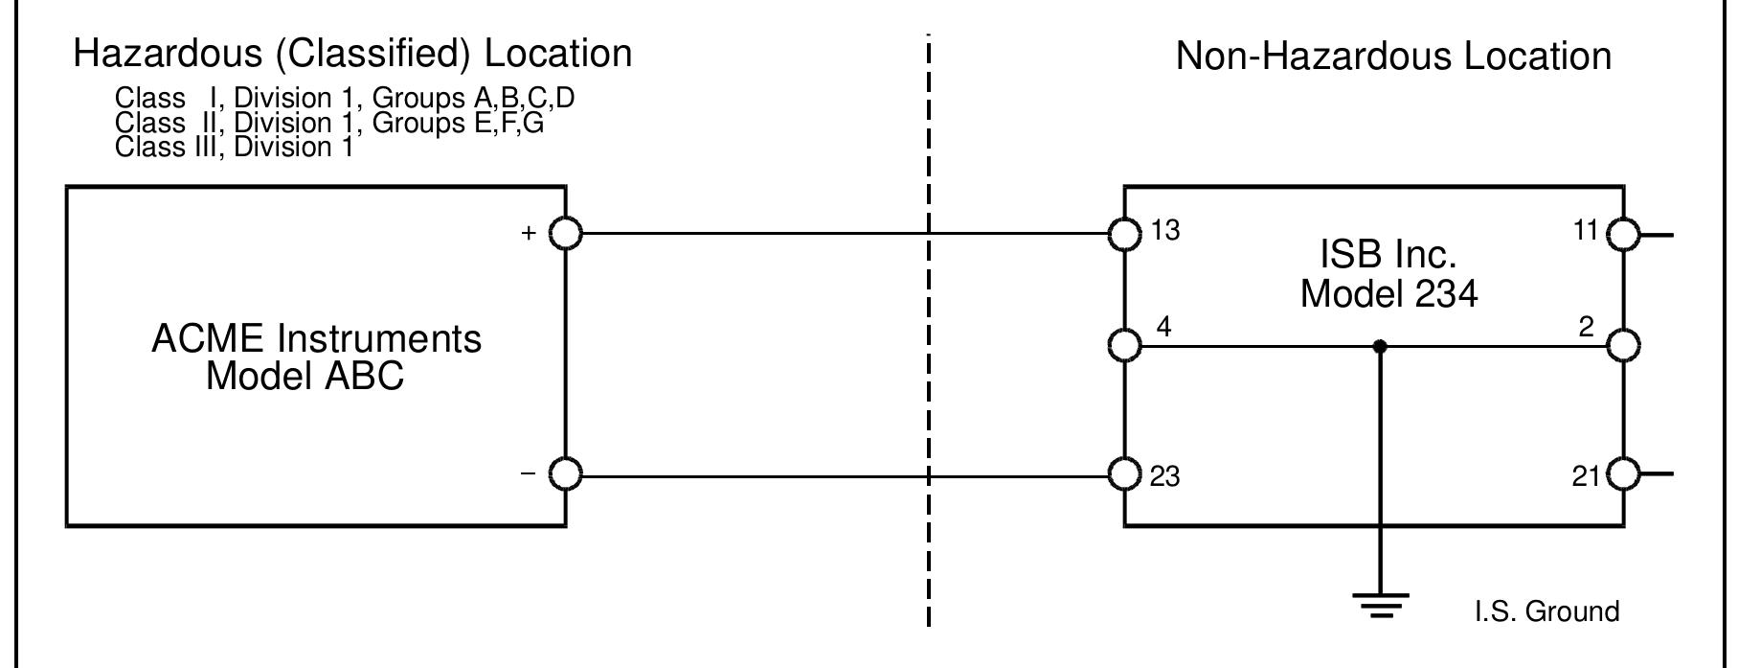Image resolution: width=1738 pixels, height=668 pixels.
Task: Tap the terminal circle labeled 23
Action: coord(1124,474)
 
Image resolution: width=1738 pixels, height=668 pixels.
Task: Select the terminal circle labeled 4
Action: coord(1124,345)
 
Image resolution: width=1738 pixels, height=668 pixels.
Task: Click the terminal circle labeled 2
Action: coord(1623,345)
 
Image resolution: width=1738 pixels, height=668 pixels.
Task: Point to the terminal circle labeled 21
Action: coord(1623,474)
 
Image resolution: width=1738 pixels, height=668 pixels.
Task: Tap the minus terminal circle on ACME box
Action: coord(566,474)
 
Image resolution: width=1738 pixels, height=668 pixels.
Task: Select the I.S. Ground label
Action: coord(1546,611)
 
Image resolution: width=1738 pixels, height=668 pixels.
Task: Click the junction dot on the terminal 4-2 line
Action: coord(1380,346)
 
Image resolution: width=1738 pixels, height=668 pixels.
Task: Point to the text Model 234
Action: coord(1388,293)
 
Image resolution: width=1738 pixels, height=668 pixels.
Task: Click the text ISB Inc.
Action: coord(1388,255)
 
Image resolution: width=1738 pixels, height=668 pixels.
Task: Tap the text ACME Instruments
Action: coord(316,339)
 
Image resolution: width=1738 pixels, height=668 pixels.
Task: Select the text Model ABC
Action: coord(305,376)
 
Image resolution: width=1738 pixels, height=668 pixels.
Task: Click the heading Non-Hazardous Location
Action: coord(1393,57)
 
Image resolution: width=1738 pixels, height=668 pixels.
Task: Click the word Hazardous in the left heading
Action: coord(168,54)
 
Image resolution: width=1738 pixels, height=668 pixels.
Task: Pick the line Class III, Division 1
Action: coord(234,148)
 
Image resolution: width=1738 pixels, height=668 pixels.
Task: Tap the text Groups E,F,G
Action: coord(458,124)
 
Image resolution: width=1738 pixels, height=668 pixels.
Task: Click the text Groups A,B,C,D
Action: coord(473,99)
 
